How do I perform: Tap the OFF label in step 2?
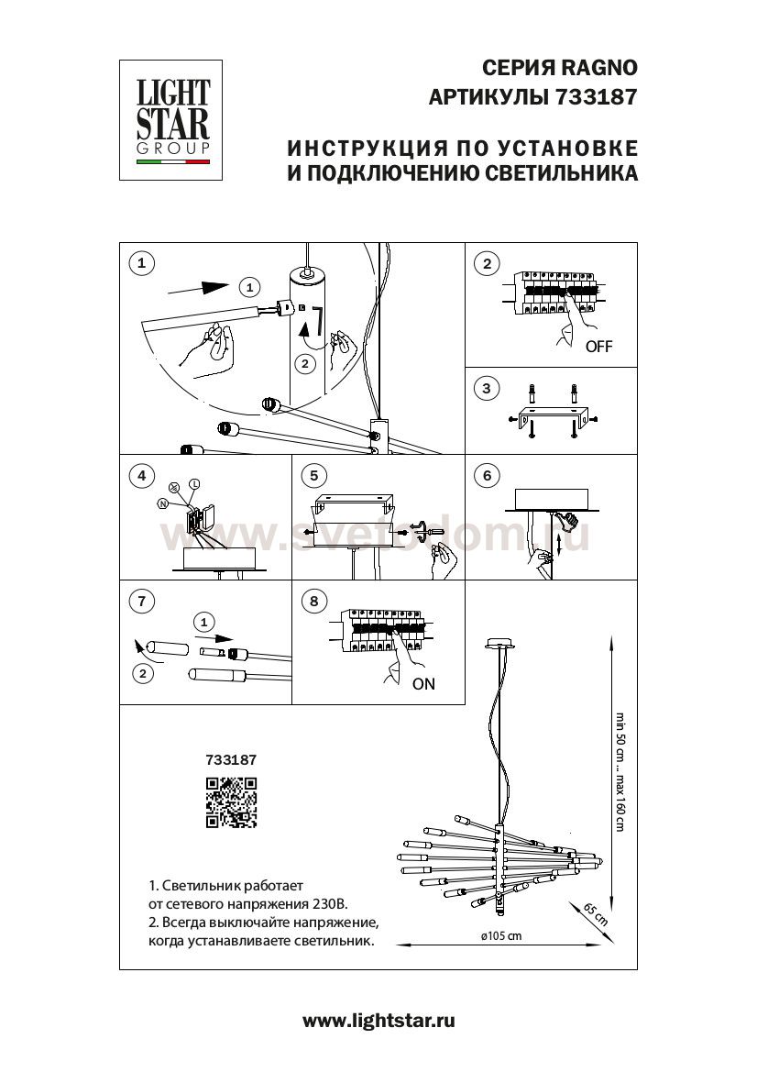point(598,347)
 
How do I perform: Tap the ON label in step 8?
point(423,683)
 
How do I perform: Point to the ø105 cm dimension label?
point(500,936)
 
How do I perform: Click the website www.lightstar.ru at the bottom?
point(378,1021)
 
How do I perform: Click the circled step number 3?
point(487,389)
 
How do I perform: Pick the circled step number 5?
point(313,475)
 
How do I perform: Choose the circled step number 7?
point(140,602)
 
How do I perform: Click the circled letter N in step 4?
point(163,503)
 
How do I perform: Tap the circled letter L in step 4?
point(193,483)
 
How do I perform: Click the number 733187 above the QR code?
point(231,759)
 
